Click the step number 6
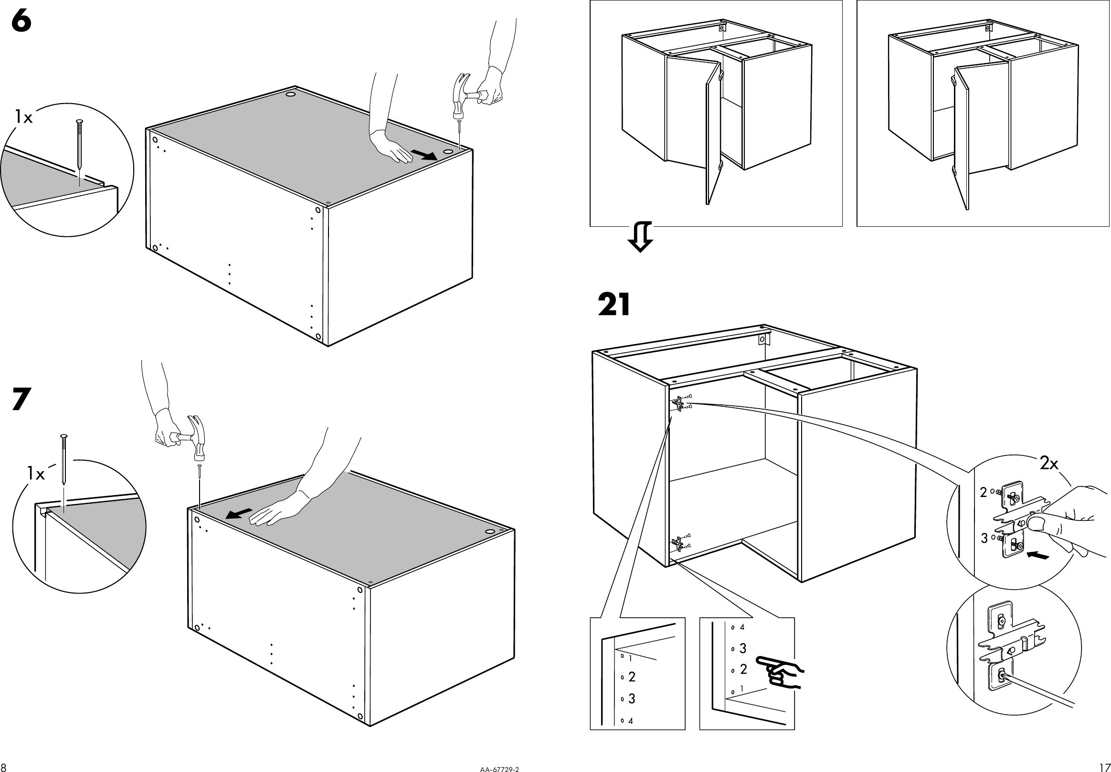[21, 22]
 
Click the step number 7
[21, 400]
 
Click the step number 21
[614, 305]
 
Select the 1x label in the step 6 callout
[23, 117]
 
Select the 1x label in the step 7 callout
[35, 474]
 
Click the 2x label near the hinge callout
[1049, 464]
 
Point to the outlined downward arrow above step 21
[640, 236]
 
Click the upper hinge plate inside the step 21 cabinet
[679, 403]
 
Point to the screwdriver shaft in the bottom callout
[1040, 690]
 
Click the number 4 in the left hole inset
[631, 721]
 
